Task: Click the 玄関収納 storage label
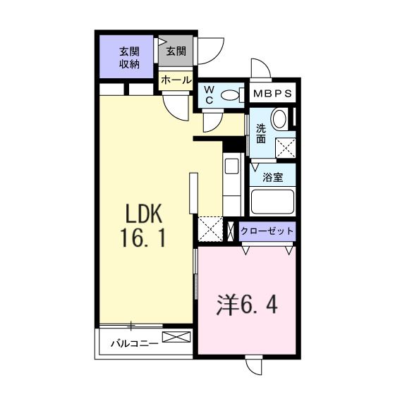pyautogui.click(x=128, y=57)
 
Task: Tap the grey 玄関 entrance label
pyautogui.click(x=176, y=51)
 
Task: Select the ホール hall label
pyautogui.click(x=176, y=80)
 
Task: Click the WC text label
pyautogui.click(x=210, y=94)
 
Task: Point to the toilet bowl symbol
pyautogui.click(x=229, y=95)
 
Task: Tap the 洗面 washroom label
pyautogui.click(x=261, y=134)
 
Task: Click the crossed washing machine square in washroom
pyautogui.click(x=285, y=147)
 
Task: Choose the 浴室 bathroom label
pyautogui.click(x=273, y=177)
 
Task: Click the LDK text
pyautogui.click(x=145, y=214)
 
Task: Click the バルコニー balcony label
pyautogui.click(x=133, y=345)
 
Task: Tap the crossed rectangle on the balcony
pyautogui.click(x=176, y=337)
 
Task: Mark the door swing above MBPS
pyautogui.click(x=260, y=70)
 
